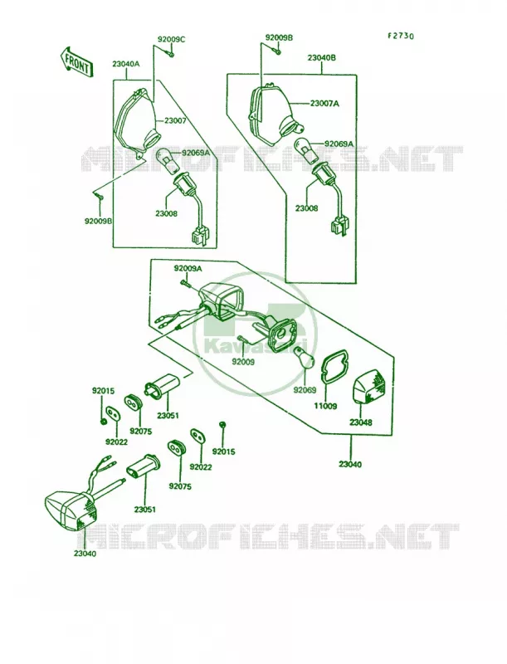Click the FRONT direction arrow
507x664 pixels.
point(76,61)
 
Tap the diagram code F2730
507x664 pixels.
point(400,36)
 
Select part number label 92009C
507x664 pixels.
point(171,40)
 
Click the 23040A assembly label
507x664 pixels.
point(125,65)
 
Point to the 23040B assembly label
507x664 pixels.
point(322,57)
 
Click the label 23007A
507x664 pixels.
point(324,103)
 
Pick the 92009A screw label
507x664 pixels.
point(188,268)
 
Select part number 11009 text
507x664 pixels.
point(325,406)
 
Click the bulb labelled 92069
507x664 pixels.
point(305,357)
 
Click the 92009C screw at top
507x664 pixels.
point(171,54)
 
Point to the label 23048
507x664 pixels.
point(361,422)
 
